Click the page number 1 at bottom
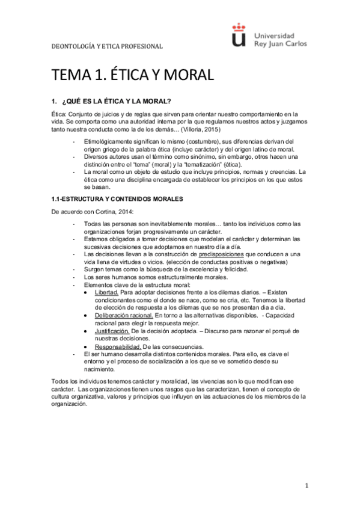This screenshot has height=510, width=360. tap(306, 485)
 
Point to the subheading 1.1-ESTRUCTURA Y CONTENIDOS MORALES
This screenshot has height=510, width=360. tap(117, 198)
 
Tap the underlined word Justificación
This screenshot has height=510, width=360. tap(112, 331)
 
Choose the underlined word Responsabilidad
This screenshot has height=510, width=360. tap(117, 346)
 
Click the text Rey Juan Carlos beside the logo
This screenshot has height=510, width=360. tap(281, 43)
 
